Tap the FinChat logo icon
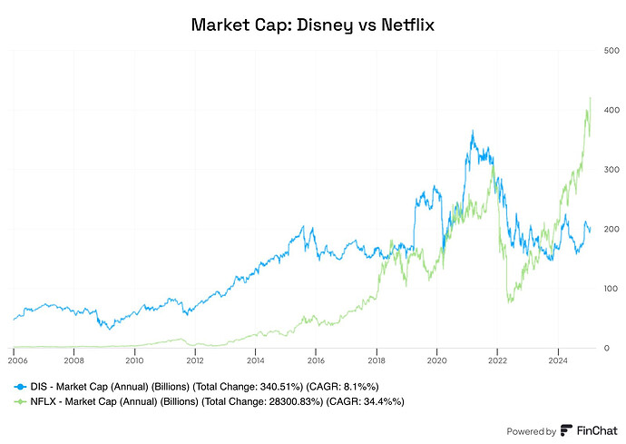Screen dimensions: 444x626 (566, 430)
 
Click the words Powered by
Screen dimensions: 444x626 (531, 431)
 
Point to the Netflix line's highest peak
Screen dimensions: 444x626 (591, 97)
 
